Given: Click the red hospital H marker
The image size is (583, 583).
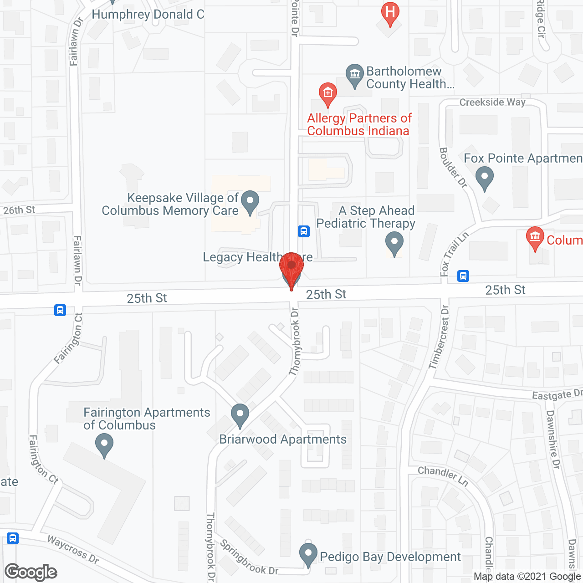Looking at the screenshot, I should [x=390, y=12].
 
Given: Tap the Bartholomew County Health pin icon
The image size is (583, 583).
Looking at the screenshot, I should [x=354, y=75].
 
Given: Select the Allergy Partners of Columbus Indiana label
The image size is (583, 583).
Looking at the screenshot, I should [x=359, y=124].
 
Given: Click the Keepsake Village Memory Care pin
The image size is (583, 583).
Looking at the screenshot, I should [x=250, y=202].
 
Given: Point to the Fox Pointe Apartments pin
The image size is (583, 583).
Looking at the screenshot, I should [x=484, y=178].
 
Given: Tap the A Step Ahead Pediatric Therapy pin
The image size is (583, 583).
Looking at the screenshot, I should [x=394, y=243].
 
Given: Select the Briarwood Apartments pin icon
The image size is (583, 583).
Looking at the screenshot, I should [x=240, y=415].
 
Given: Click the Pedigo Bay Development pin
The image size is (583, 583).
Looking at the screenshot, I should [x=308, y=554].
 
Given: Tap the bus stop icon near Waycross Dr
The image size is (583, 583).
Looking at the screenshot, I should [x=13, y=538].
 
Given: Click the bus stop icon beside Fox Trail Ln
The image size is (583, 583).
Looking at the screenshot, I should [x=463, y=276].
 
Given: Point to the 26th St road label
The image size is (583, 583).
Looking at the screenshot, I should [x=19, y=210].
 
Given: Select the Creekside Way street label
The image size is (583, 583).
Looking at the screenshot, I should [x=492, y=102].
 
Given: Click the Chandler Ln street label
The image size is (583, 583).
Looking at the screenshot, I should [x=443, y=475].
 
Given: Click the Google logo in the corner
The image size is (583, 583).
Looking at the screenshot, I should [x=31, y=572].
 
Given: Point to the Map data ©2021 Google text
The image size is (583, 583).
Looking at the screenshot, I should [x=527, y=577].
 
